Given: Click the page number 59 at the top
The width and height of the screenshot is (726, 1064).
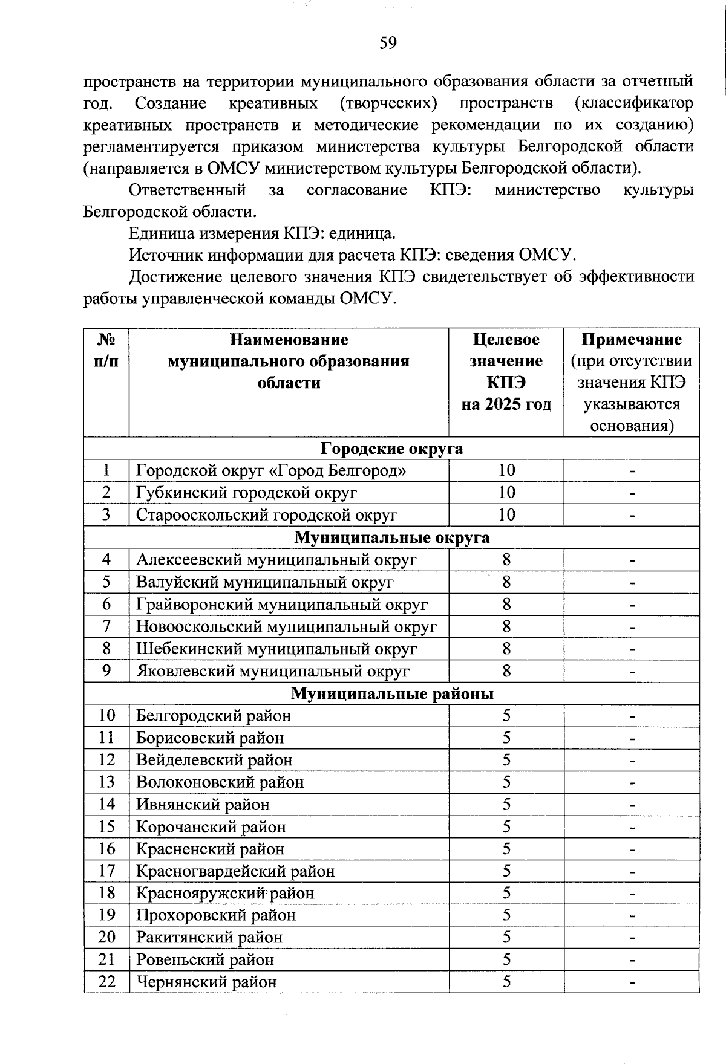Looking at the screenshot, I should click(x=388, y=43).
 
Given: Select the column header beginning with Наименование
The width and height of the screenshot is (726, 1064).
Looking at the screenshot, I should click(x=289, y=361).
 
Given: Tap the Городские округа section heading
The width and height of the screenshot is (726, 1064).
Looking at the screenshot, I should click(x=391, y=449).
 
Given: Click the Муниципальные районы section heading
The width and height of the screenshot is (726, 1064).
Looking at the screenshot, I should click(x=391, y=693).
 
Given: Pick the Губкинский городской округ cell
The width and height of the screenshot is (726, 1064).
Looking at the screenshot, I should click(x=246, y=493).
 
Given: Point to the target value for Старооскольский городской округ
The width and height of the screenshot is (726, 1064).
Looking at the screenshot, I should click(x=506, y=515).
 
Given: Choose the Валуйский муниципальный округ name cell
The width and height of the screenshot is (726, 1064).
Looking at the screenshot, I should click(x=264, y=582).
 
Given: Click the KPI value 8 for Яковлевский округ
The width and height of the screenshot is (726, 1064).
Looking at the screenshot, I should click(x=506, y=671).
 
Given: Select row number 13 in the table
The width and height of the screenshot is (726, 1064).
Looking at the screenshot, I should click(x=106, y=782).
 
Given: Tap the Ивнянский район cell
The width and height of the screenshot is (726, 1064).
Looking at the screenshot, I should click(x=203, y=805).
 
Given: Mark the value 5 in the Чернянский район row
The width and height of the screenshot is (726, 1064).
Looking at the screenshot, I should click(x=506, y=982).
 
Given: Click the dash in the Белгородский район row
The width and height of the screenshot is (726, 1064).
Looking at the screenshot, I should click(x=632, y=716).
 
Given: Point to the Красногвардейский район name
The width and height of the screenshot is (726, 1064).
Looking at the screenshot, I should click(x=235, y=871).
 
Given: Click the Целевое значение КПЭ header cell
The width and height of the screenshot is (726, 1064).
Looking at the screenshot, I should click(x=506, y=372).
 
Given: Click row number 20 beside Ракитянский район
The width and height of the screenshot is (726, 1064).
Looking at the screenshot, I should click(x=106, y=938).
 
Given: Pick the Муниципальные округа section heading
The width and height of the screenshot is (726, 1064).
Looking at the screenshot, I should click(x=391, y=537).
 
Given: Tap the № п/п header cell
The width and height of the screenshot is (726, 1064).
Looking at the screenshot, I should click(x=106, y=350).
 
